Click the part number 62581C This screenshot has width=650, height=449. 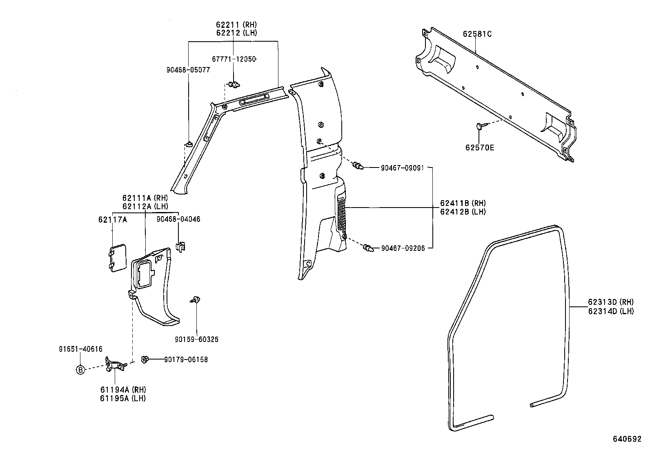[x=477, y=34]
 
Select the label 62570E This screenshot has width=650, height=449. [x=480, y=147]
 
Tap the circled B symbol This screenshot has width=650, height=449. [x=80, y=370]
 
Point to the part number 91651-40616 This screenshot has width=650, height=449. [x=80, y=349]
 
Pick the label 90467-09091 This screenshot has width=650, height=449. [x=403, y=168]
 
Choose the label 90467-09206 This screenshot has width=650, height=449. [x=403, y=248]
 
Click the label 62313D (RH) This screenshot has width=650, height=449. [x=610, y=302]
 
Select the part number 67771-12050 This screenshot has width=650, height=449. [x=234, y=59]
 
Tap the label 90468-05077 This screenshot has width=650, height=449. [x=188, y=70]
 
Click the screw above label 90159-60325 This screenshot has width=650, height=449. [x=196, y=299]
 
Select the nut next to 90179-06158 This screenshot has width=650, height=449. [x=144, y=359]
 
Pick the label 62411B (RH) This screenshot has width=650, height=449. [x=463, y=203]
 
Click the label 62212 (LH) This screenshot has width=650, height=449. [x=237, y=33]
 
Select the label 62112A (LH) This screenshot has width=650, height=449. [x=145, y=206]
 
